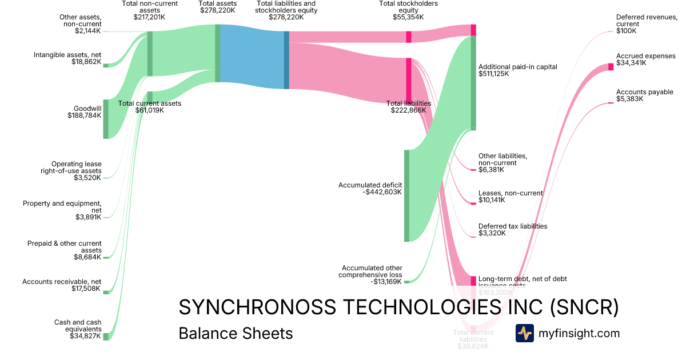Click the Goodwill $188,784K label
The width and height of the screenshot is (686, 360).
84,111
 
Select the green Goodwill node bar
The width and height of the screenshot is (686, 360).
105,119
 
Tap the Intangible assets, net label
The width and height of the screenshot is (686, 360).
67,58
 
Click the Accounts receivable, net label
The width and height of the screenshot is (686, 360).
62,285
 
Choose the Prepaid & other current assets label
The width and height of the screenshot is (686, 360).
65,250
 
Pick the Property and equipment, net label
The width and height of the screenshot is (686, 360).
62,210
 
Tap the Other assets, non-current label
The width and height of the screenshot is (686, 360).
80,23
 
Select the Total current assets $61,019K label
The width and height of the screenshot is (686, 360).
149,107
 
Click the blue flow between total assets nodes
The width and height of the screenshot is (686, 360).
252,57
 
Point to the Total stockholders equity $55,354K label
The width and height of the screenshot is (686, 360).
408,10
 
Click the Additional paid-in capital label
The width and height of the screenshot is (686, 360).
517,70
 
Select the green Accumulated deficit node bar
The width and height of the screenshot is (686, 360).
406,195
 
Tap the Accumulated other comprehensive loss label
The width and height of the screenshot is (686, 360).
372,275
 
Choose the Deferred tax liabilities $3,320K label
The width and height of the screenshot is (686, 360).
512,230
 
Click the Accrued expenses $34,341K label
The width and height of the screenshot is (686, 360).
645,59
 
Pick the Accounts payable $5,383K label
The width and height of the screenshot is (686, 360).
644,95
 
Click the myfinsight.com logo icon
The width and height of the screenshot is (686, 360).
524,333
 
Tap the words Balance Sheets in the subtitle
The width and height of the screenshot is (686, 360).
236,333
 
